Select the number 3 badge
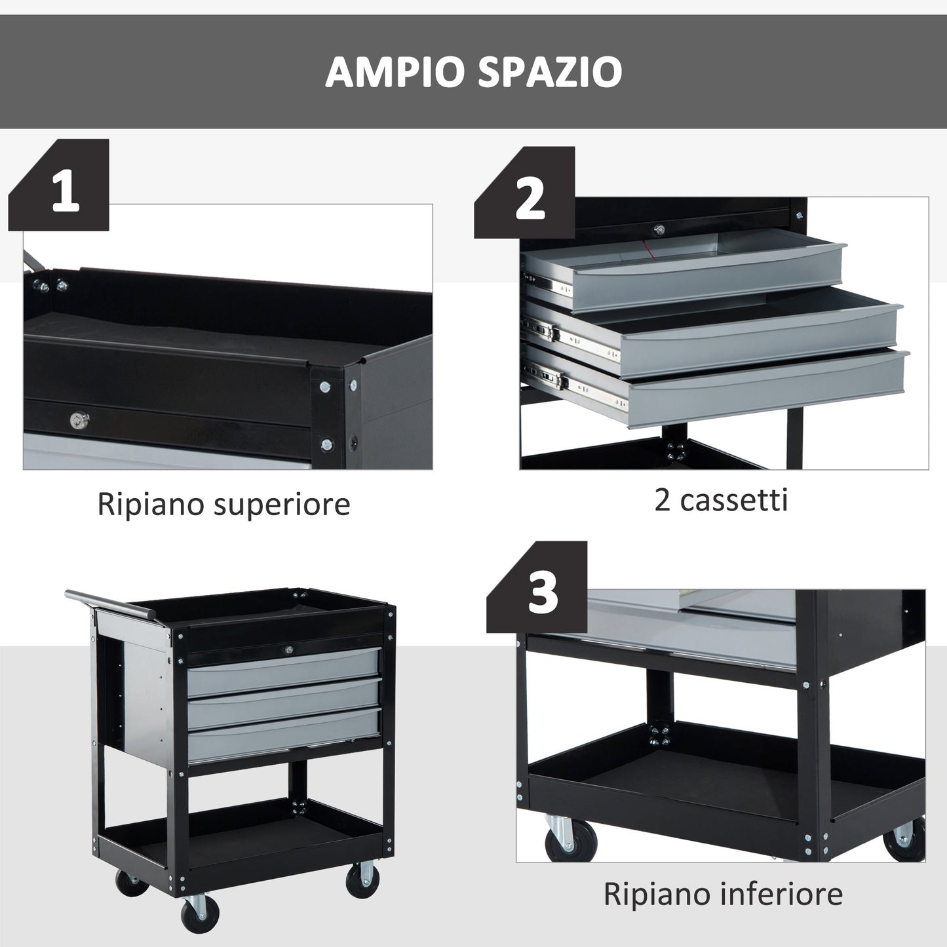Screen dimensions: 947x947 (x=542, y=593)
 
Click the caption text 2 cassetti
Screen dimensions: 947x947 (x=720, y=501)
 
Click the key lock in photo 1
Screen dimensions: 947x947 (x=79, y=419)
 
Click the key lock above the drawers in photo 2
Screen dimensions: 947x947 (x=659, y=229)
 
